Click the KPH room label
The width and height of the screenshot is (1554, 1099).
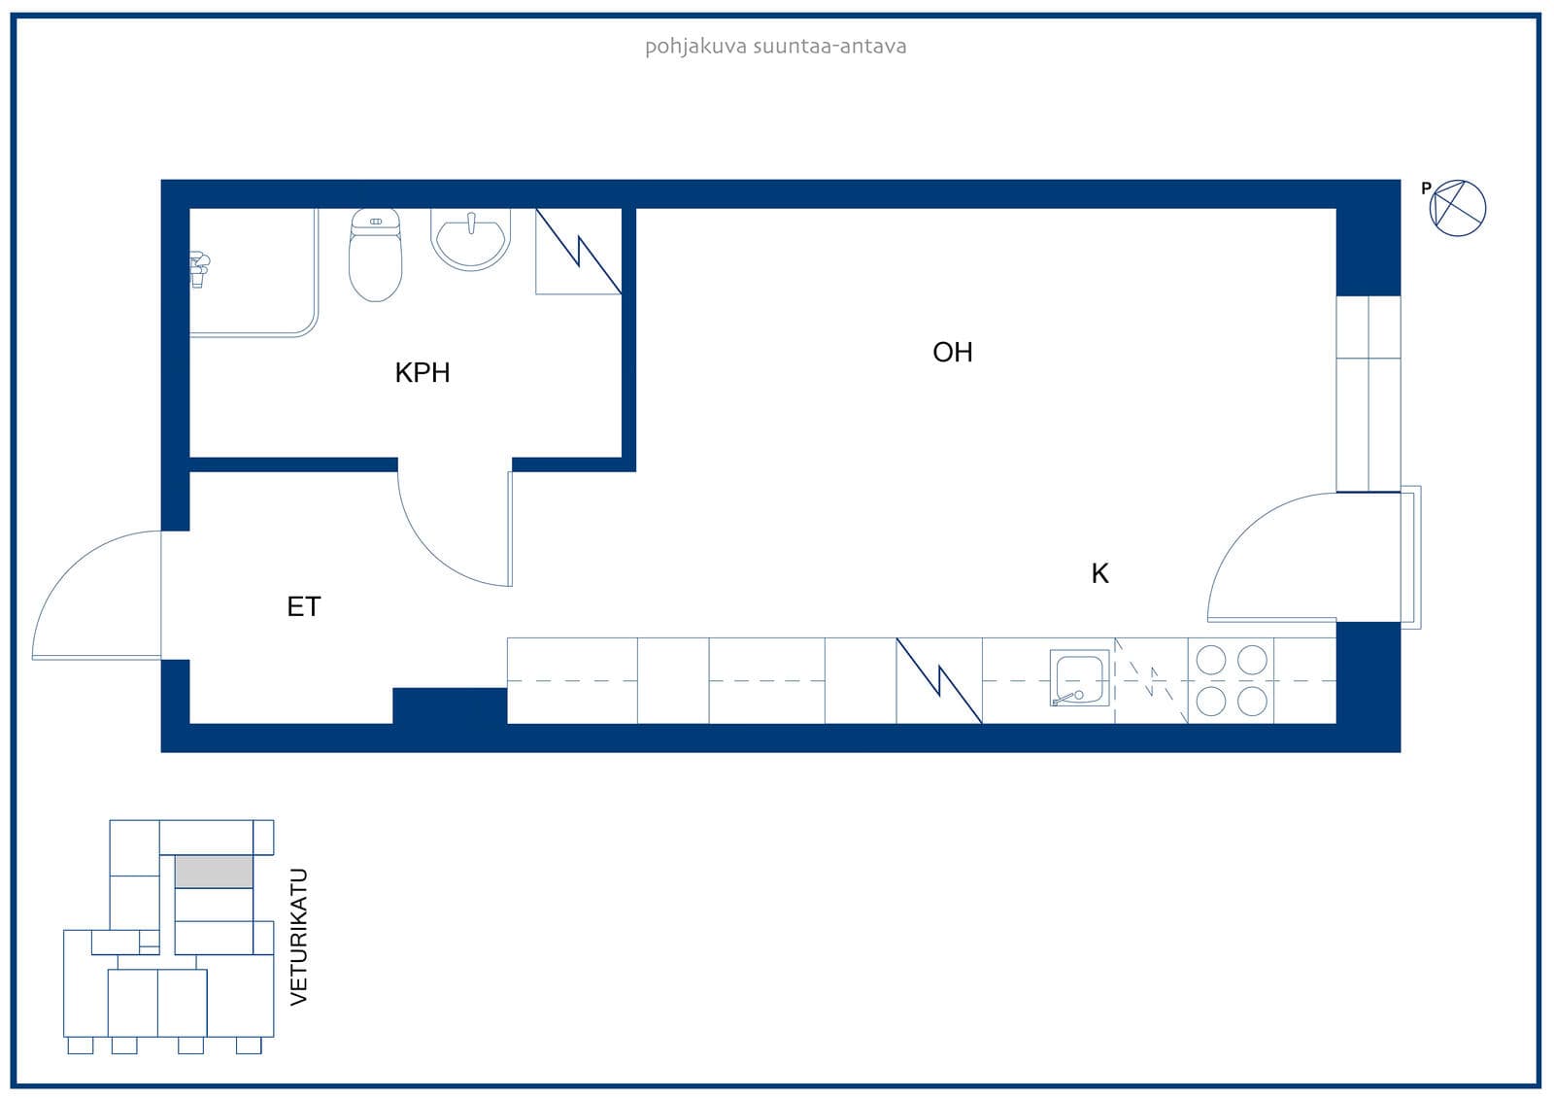click(x=422, y=373)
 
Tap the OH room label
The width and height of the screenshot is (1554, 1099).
click(x=952, y=352)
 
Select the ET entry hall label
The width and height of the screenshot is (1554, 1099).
click(x=303, y=606)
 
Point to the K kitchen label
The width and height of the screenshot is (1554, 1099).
click(x=1099, y=573)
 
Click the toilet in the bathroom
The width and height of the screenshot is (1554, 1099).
click(x=375, y=254)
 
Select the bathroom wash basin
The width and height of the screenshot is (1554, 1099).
click(x=470, y=239)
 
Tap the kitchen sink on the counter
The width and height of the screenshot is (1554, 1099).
click(x=1079, y=678)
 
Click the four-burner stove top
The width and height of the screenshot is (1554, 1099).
click(x=1231, y=680)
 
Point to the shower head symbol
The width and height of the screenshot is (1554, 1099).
click(x=199, y=269)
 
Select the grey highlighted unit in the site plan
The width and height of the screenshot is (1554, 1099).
click(x=213, y=872)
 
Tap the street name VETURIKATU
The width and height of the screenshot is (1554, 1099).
click(x=298, y=937)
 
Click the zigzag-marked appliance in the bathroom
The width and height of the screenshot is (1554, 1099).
click(x=579, y=252)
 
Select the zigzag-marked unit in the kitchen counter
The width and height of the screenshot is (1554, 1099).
click(x=938, y=680)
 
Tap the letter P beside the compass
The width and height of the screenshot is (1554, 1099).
click(x=1427, y=188)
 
